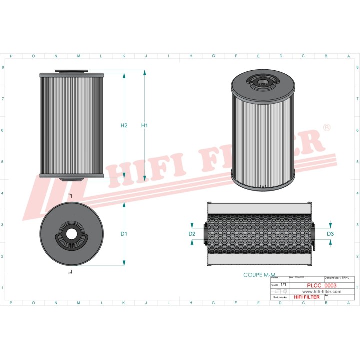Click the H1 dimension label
point(145,125)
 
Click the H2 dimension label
point(124,125)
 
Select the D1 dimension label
point(124,234)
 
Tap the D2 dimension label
point(192,234)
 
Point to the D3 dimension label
point(330,234)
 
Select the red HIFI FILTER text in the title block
point(307,297)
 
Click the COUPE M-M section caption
point(259,275)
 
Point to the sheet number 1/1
point(283,284)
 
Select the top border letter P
point(11,56)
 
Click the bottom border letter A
point(326,303)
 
